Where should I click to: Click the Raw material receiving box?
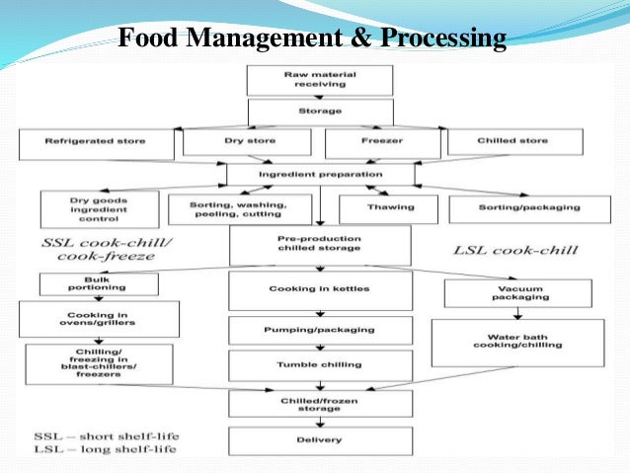[x=320, y=80]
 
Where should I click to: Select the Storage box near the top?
[x=320, y=112]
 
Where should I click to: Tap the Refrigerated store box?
[x=96, y=142]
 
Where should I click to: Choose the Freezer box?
[x=376, y=142]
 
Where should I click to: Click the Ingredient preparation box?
[x=320, y=174]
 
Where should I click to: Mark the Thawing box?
[x=382, y=208]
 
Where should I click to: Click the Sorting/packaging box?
[x=527, y=208]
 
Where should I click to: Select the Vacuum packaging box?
[x=516, y=293]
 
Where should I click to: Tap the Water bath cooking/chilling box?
[x=516, y=342]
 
